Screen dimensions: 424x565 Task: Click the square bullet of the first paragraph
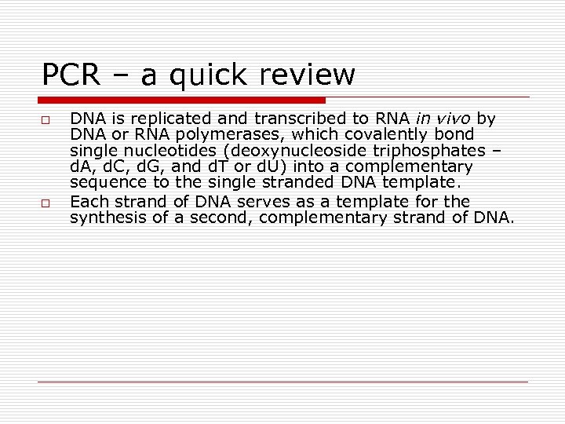point(47,120)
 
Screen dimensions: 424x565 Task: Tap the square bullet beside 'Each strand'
point(47,203)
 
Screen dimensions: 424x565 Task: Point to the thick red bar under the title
point(182,101)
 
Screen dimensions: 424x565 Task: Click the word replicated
point(150,119)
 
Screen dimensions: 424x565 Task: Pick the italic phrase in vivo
point(444,119)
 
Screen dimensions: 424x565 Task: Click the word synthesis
point(101,218)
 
